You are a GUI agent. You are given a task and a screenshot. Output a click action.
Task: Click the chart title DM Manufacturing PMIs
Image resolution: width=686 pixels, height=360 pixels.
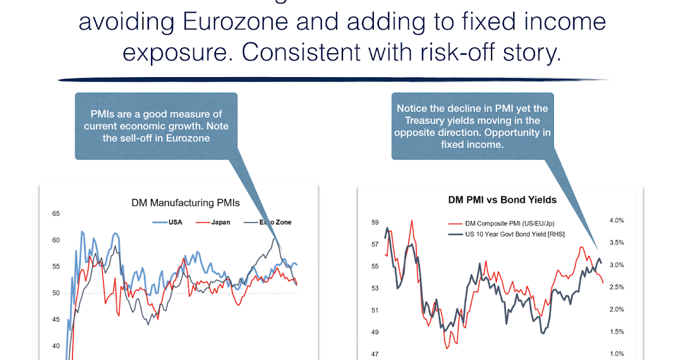185,203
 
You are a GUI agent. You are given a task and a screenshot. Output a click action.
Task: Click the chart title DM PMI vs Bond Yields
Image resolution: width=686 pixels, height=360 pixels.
502,200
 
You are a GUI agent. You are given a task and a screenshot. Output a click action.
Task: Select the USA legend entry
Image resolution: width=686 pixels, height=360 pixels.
175,222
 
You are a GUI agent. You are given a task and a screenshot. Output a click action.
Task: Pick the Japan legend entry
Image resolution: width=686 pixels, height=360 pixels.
220,222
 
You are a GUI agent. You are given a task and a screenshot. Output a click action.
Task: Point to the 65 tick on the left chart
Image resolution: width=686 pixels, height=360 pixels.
56,214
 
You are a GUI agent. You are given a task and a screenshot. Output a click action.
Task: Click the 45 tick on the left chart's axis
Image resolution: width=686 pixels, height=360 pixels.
56,319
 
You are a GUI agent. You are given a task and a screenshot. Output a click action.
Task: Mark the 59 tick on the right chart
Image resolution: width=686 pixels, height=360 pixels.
376,222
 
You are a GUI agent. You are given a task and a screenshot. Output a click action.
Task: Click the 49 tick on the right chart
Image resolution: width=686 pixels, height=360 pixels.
376,332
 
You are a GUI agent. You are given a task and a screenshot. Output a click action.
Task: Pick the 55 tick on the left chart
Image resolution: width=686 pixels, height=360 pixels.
56,267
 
